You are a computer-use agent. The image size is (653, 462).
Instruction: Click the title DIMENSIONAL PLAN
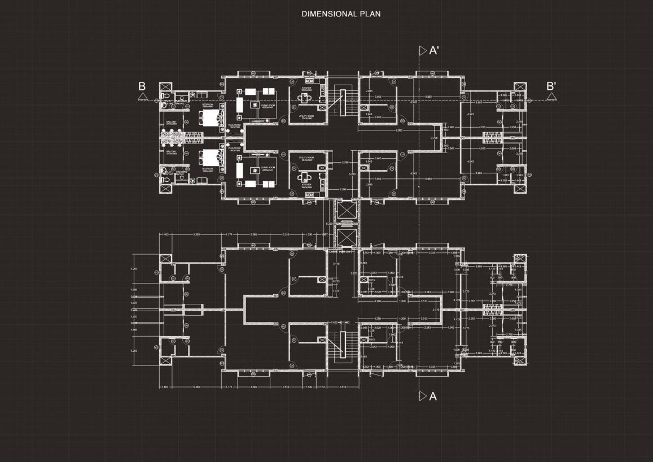(x=341, y=14)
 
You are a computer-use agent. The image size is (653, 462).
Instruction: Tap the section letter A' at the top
(x=434, y=51)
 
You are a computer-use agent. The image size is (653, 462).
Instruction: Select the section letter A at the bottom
(x=433, y=396)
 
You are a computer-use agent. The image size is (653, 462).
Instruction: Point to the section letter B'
(x=551, y=86)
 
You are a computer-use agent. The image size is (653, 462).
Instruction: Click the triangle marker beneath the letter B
(x=142, y=97)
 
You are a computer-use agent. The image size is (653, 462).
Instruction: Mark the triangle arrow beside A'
(x=422, y=51)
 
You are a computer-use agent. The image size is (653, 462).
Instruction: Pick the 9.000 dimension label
(x=399, y=130)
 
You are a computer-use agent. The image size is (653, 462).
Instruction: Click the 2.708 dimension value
(x=434, y=138)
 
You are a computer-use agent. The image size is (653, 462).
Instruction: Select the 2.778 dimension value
(x=435, y=310)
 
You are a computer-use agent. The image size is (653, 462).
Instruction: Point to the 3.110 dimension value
(x=336, y=264)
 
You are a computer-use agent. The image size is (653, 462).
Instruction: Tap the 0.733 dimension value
(x=336, y=281)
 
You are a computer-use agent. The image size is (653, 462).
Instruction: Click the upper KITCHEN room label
(x=306, y=89)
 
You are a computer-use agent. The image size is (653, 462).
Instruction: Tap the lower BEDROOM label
(x=208, y=168)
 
